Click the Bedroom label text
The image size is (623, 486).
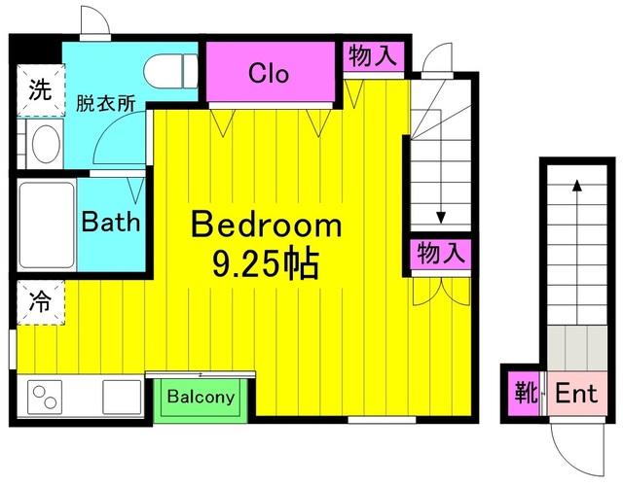coord(267,226)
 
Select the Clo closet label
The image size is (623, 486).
coord(269,73)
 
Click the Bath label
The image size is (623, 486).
coord(110,222)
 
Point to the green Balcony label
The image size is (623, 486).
coord(202,398)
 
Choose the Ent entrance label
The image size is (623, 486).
coord(575,395)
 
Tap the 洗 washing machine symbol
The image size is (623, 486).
coord(39,92)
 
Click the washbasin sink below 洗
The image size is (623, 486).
coord(43,145)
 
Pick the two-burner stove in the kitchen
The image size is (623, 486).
coord(47,397)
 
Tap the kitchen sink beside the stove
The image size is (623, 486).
coord(121,397)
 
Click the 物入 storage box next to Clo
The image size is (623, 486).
coord(372,56)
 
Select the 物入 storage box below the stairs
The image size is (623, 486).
coord(440,255)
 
